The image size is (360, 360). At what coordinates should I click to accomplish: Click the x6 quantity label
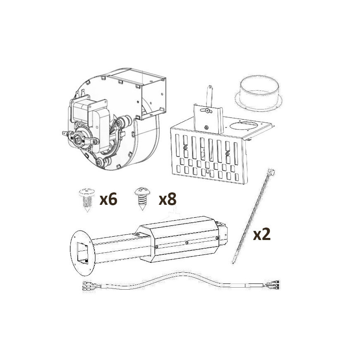coord(108,199)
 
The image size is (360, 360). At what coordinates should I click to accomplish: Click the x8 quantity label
coord(168,199)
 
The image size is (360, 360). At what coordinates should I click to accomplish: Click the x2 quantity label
coord(262,234)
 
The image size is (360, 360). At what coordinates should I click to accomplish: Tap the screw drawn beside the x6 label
coord(87,200)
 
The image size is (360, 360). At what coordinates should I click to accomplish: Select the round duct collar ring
coord(259,94)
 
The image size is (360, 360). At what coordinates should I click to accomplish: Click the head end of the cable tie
coord(272,172)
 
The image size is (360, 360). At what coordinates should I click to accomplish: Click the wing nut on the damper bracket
coord(207,110)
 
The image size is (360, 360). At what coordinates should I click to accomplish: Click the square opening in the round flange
coord(82,253)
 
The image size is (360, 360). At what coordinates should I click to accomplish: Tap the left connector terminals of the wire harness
coord(89,286)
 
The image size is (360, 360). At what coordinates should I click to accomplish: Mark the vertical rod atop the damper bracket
coord(209,96)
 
